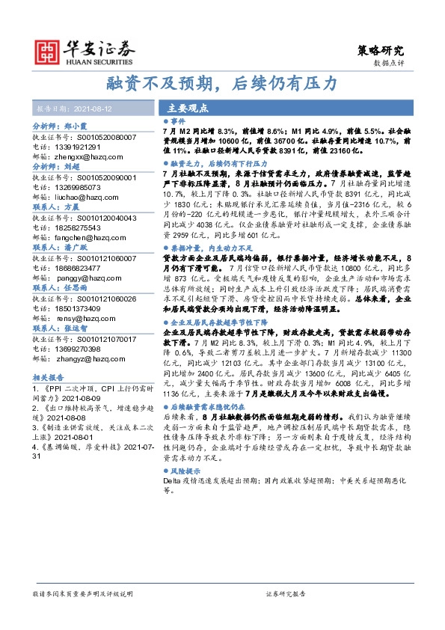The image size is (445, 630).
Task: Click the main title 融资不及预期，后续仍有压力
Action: tap(222, 82)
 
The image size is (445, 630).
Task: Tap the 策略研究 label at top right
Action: tap(380, 51)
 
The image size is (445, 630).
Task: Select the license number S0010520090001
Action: tap(85, 178)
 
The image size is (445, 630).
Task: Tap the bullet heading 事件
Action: tap(173, 120)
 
